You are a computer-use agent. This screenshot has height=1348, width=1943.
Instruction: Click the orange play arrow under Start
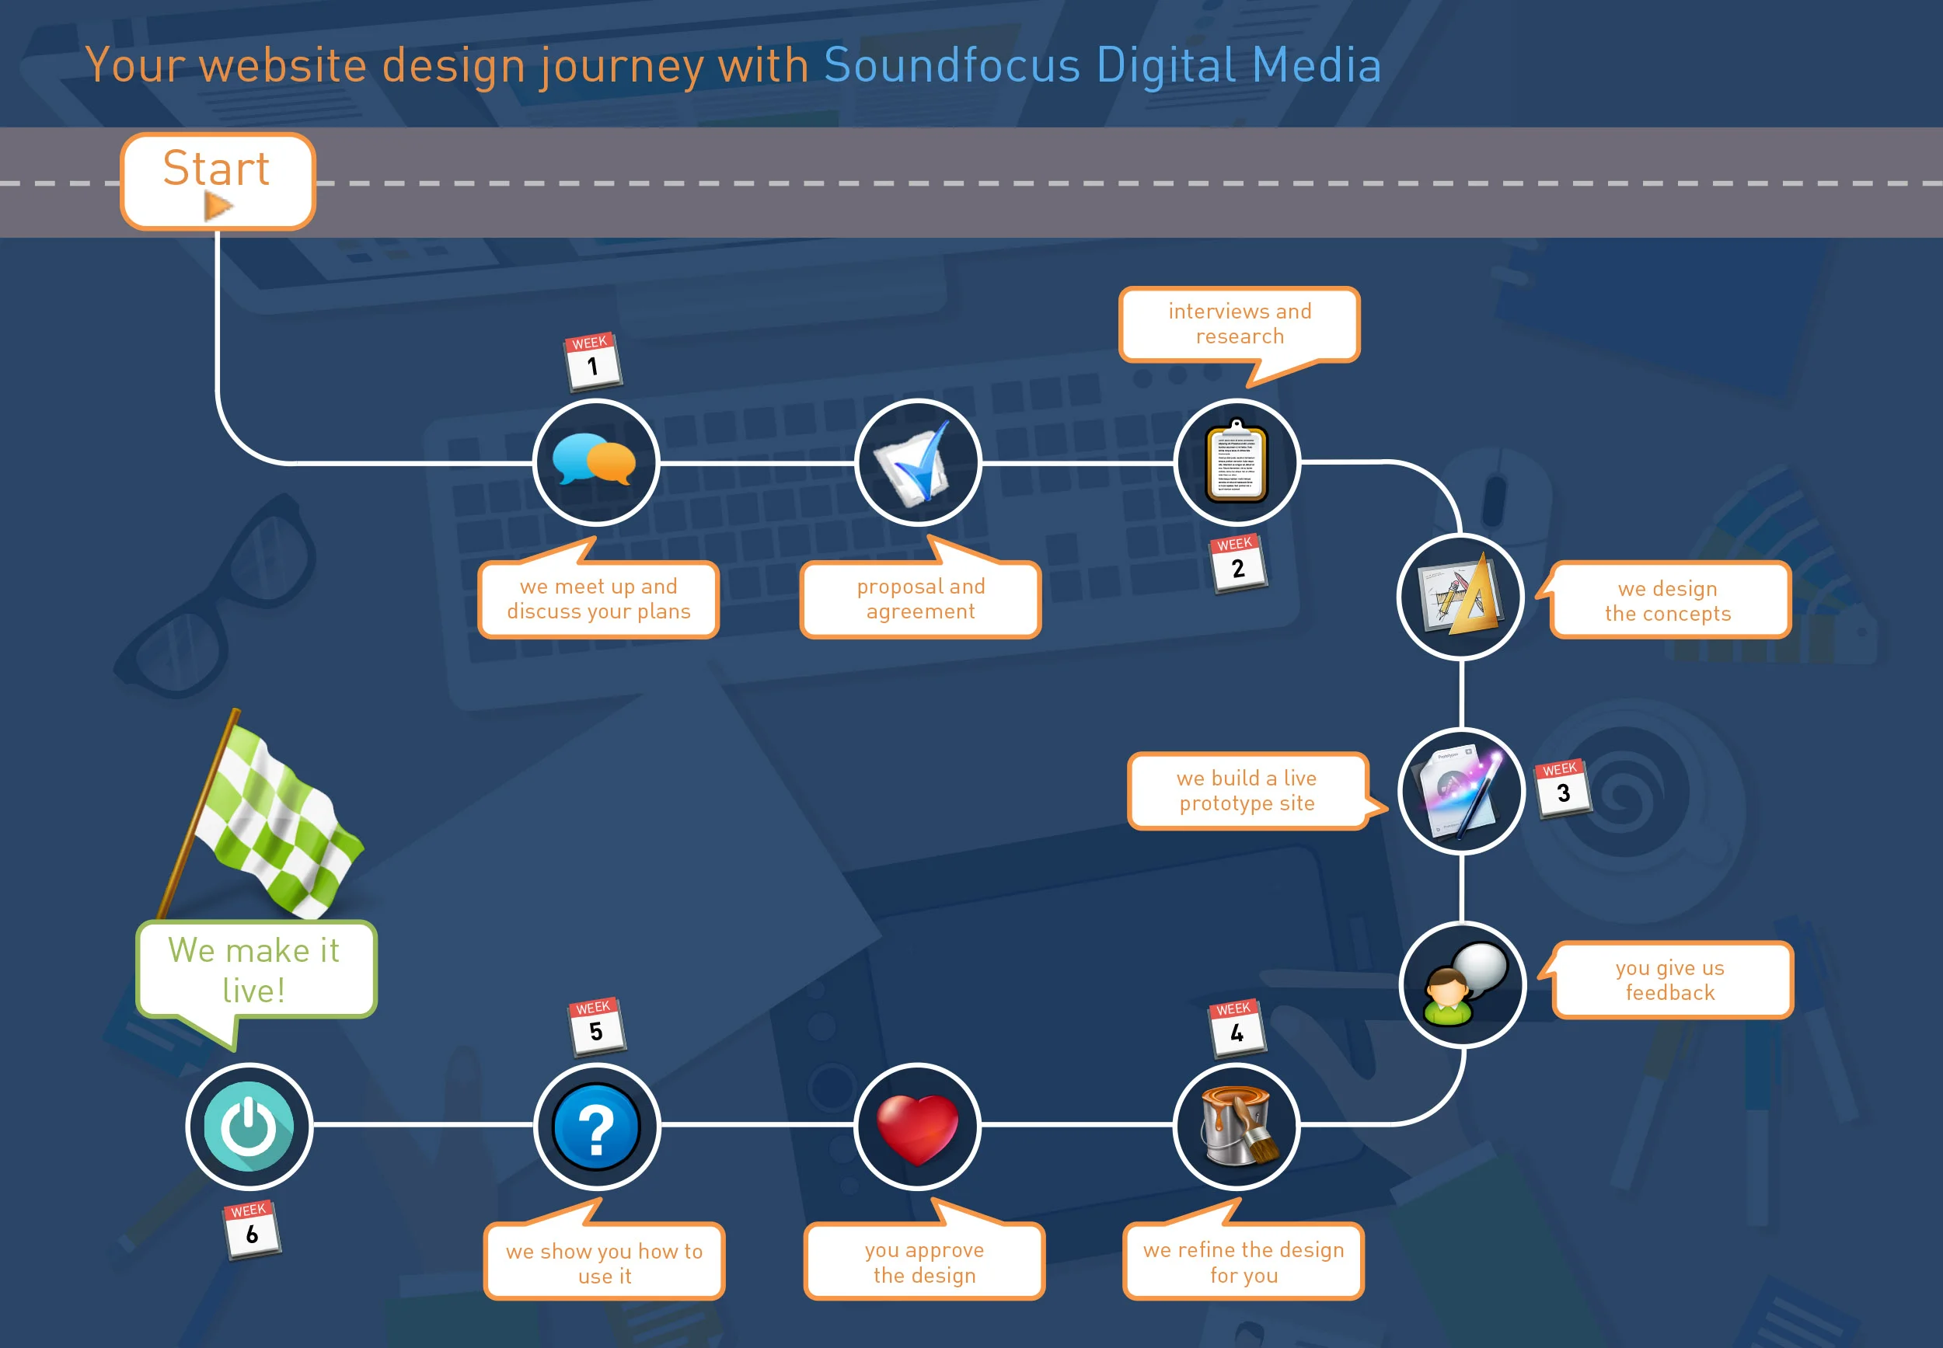pos(218,205)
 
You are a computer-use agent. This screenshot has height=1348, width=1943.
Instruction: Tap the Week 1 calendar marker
pos(592,361)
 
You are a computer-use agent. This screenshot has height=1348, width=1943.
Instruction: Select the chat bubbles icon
pos(595,462)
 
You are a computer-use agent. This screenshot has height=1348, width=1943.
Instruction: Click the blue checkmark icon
pos(916,462)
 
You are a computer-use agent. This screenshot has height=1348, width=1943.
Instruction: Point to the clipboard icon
pos(1236,462)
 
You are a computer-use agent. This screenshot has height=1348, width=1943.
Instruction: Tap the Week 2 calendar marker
pos(1237,563)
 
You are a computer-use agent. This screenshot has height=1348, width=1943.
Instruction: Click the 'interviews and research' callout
pos(1240,324)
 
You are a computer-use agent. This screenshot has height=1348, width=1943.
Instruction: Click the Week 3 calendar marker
pos(1562,788)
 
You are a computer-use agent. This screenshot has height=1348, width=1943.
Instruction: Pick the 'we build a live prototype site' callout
pos(1247,791)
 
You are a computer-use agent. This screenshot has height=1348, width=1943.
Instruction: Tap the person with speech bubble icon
pos(1463,984)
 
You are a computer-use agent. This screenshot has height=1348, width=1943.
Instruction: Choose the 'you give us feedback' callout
pos(1671,980)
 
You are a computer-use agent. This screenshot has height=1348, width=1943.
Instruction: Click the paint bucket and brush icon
pos(1237,1125)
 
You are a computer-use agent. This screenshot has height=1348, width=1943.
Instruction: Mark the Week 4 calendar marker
pos(1237,1028)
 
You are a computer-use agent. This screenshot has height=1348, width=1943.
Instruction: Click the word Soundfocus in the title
pos(952,65)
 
